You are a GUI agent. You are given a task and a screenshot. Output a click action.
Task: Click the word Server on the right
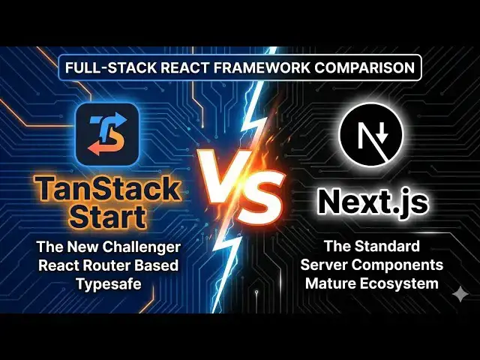click(325, 265)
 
